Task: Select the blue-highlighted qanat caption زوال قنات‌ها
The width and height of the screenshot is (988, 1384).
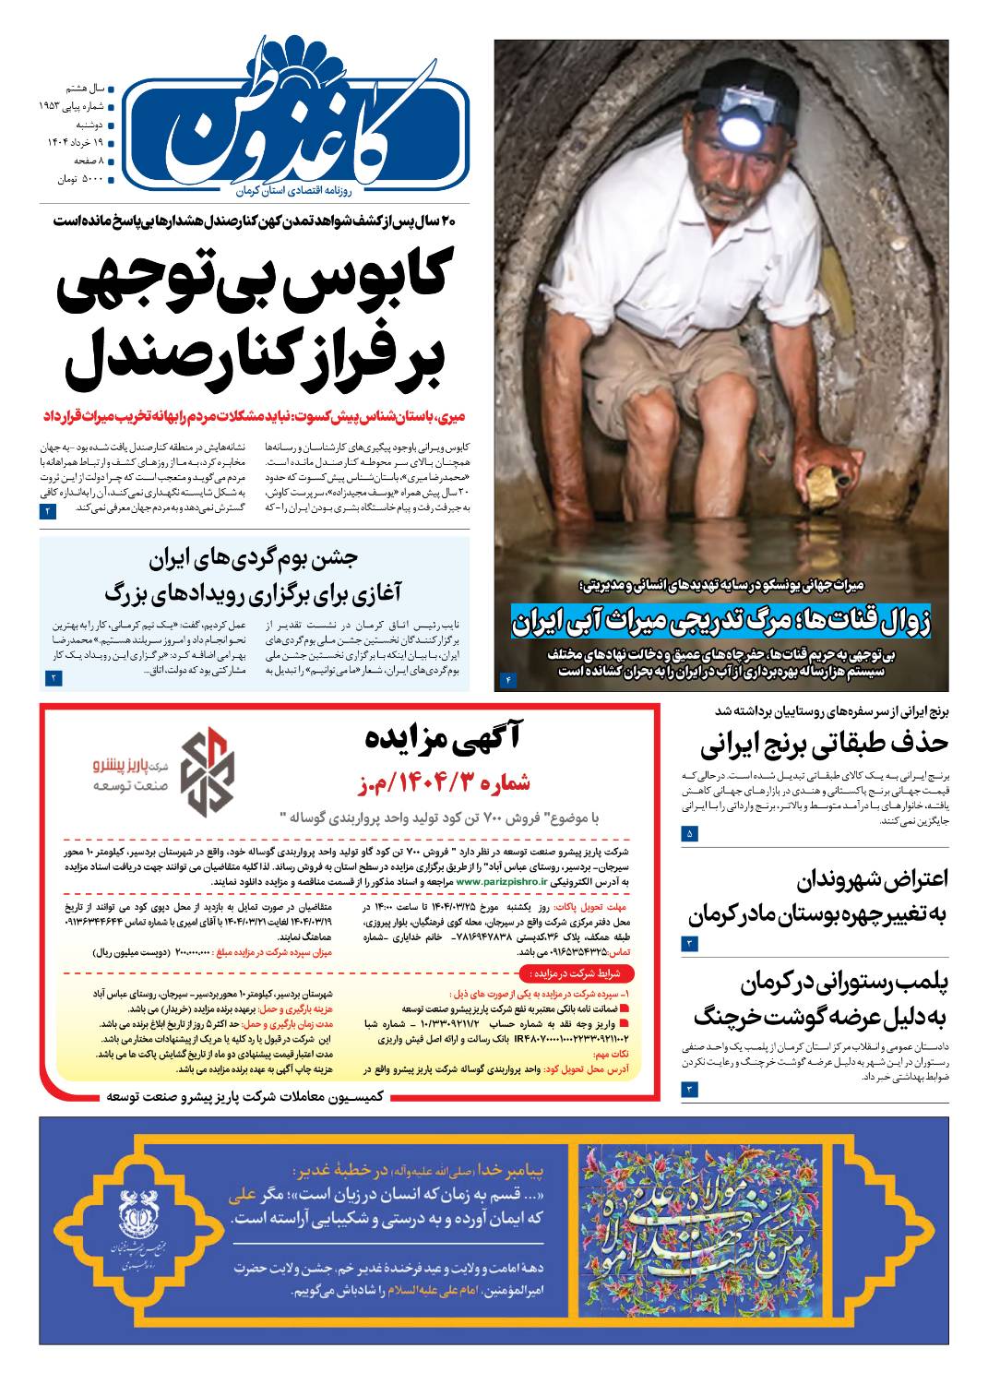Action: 721,621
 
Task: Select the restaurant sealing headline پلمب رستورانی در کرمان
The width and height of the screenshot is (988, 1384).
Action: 819,999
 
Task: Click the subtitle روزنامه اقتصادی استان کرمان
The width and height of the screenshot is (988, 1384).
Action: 289,188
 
